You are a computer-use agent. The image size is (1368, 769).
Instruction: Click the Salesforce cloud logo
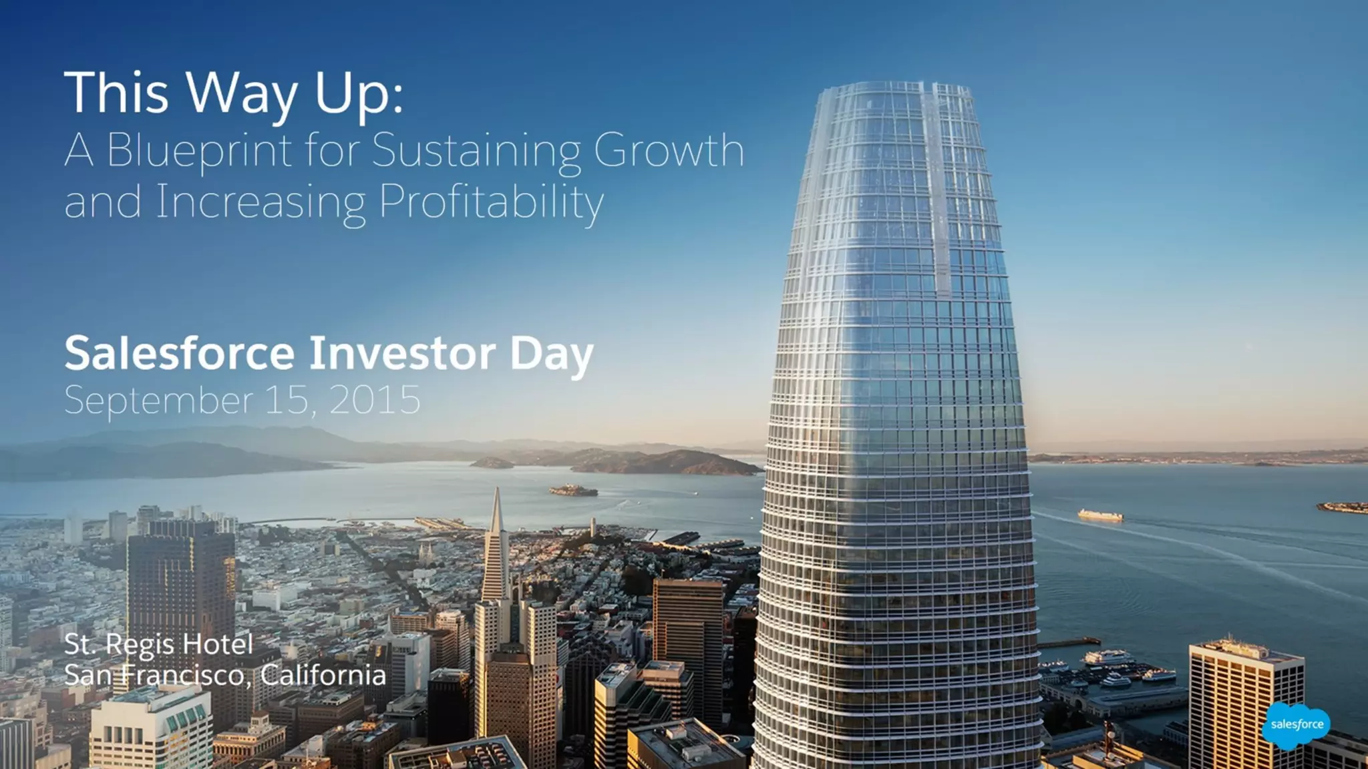click(x=1296, y=725)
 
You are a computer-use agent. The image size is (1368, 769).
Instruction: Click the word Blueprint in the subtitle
click(x=199, y=151)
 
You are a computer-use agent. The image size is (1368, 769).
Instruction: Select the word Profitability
click(x=492, y=202)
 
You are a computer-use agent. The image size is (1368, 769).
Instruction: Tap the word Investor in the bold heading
click(x=402, y=353)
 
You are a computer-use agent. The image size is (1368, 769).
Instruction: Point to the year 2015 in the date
click(x=375, y=401)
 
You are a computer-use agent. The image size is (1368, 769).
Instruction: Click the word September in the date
click(x=159, y=401)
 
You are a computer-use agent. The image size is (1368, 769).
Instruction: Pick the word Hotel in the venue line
click(x=218, y=645)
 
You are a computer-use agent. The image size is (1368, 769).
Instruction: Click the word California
click(x=323, y=675)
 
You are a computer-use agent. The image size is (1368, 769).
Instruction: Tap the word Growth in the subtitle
click(x=669, y=151)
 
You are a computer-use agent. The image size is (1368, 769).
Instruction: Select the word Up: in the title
click(x=359, y=93)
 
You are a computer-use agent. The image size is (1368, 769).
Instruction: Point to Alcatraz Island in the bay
click(x=573, y=491)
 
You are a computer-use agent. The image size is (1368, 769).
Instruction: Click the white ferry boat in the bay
click(x=1100, y=515)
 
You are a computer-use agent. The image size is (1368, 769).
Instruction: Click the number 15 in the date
click(x=287, y=401)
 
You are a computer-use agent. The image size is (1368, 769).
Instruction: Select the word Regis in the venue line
click(x=140, y=645)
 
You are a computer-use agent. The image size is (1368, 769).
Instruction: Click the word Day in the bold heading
click(x=552, y=353)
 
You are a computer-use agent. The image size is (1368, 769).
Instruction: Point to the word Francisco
click(x=182, y=675)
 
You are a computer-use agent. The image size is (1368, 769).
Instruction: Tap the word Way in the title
click(x=241, y=93)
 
